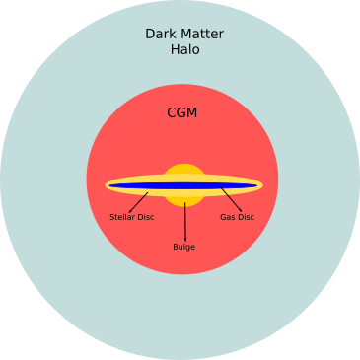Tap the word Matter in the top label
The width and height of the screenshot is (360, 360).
(x=202, y=34)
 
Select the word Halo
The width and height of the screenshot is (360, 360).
(x=183, y=49)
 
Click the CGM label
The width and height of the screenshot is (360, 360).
(x=181, y=113)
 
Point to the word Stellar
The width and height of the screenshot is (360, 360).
(x=122, y=217)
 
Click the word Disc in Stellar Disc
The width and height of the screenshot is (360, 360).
(x=145, y=217)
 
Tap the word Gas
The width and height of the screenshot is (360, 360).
(x=227, y=217)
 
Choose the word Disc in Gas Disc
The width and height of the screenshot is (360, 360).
(x=245, y=217)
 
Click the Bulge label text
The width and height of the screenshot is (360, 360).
(x=183, y=247)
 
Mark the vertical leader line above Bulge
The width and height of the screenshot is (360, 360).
(x=184, y=222)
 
